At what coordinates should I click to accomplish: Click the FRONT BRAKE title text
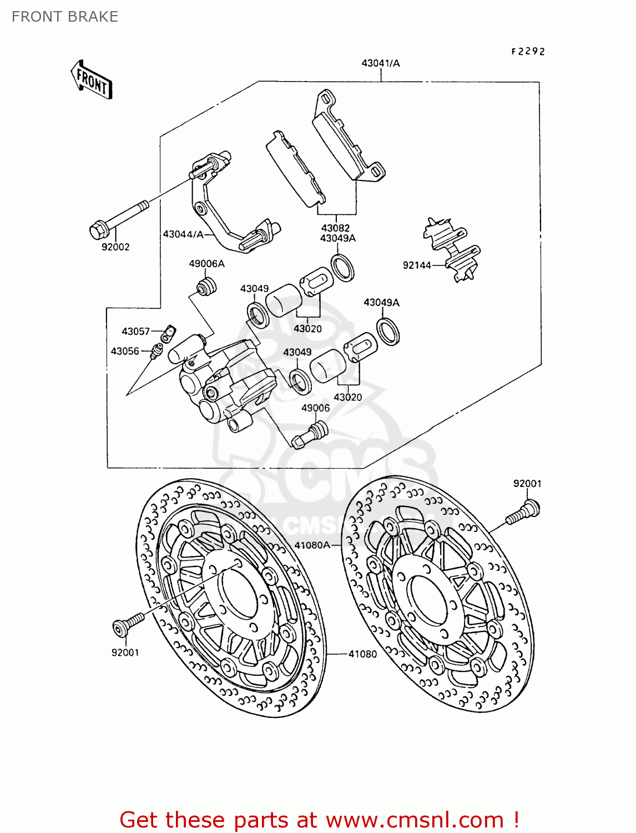pyautogui.click(x=65, y=17)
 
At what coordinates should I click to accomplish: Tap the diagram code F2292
pyautogui.click(x=528, y=51)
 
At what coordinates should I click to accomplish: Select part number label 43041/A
pyautogui.click(x=380, y=63)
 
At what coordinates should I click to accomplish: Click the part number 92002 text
pyautogui.click(x=115, y=247)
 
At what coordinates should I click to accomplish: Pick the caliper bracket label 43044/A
pyautogui.click(x=183, y=234)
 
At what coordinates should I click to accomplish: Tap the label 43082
pyautogui.click(x=335, y=228)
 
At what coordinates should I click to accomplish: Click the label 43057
pyautogui.click(x=136, y=332)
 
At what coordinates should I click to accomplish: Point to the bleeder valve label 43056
pyautogui.click(x=125, y=351)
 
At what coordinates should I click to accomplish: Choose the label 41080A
pyautogui.click(x=312, y=545)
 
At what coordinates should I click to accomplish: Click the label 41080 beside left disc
pyautogui.click(x=362, y=654)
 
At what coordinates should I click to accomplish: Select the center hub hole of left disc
pyautogui.click(x=239, y=593)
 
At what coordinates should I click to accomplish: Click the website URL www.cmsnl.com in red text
pyautogui.click(x=414, y=820)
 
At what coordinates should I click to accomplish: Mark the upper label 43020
pyautogui.click(x=307, y=329)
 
